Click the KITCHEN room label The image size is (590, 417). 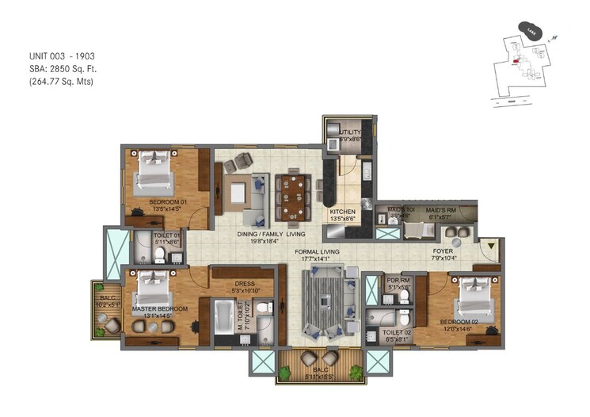[x=342, y=211]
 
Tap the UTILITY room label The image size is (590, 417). [x=351, y=132]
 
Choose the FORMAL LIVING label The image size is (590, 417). [x=317, y=252]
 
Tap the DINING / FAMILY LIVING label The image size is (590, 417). [x=272, y=235]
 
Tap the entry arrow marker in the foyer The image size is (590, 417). [x=491, y=247]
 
